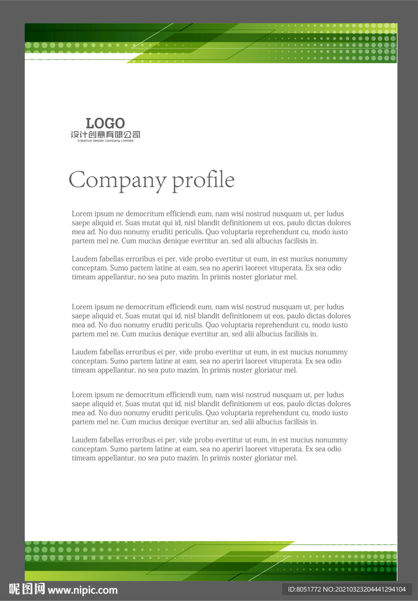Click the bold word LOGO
(105, 123)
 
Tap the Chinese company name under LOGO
(105, 135)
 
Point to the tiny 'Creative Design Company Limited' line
(105, 141)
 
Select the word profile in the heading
(203, 180)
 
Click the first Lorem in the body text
(82, 214)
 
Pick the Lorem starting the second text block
(82, 307)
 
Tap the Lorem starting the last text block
(82, 395)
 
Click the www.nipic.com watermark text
(83, 590)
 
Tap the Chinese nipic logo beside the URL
(26, 590)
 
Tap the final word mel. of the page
(291, 458)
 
